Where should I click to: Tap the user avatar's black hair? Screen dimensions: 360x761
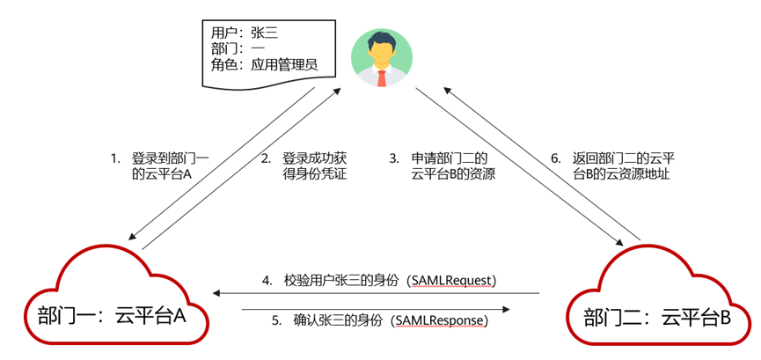[x=382, y=40]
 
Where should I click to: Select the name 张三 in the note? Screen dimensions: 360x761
[x=265, y=33]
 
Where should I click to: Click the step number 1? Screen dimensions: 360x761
[x=114, y=158]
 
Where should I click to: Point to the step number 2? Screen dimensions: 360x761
[x=265, y=158]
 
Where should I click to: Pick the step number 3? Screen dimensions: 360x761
[x=394, y=158]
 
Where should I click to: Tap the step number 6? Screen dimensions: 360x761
[x=555, y=158]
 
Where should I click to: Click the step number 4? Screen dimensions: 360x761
[x=267, y=281]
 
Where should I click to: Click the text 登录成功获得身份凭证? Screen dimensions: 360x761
[x=314, y=166]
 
